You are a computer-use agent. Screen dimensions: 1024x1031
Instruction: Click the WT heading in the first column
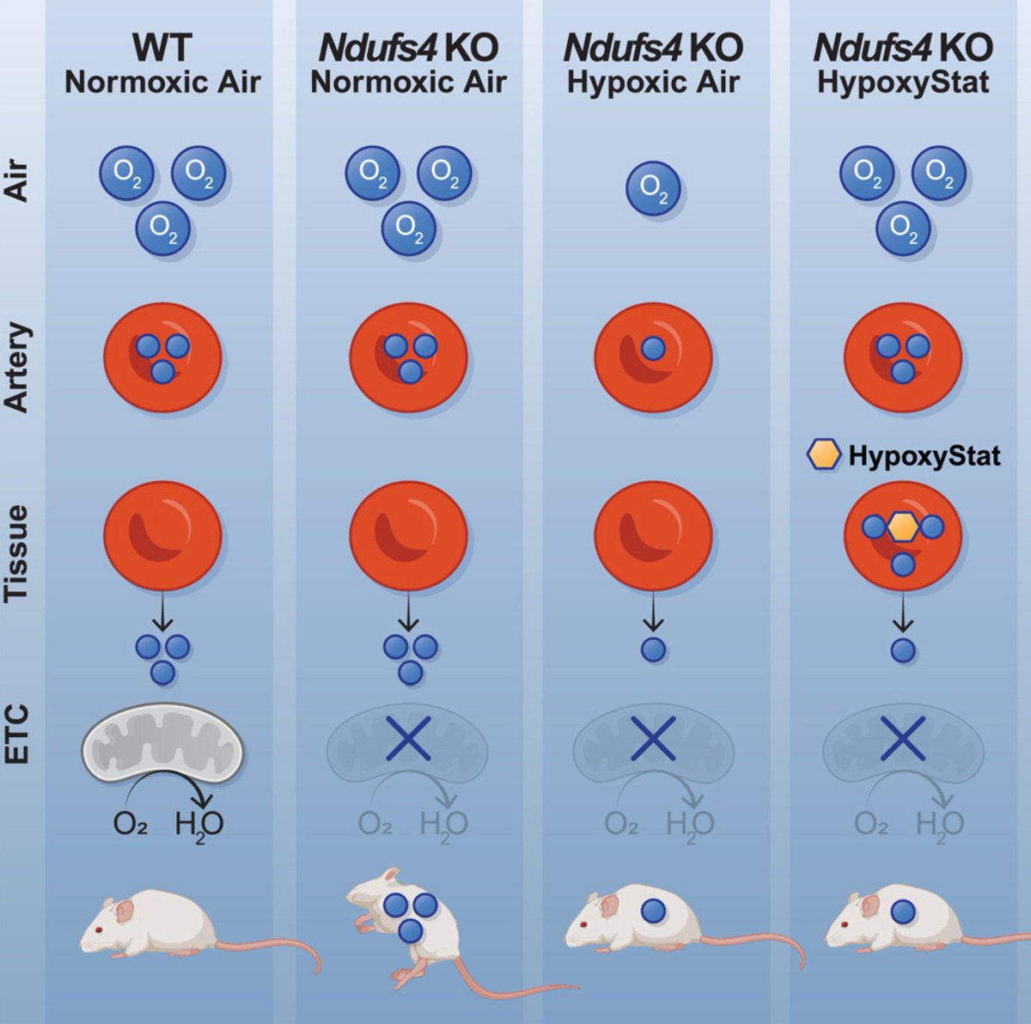coord(162,48)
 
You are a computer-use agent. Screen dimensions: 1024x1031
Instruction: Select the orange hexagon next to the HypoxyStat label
coord(824,454)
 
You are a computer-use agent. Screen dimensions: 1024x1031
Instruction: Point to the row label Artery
coord(19,368)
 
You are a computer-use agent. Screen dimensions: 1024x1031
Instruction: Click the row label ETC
coord(19,734)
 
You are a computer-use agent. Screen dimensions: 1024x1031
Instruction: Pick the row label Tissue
coord(19,553)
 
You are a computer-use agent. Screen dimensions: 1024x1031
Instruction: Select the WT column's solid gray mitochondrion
coord(164,741)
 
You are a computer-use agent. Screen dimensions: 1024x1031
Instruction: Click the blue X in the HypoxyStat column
coord(902,740)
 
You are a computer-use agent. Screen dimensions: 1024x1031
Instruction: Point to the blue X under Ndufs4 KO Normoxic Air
coord(409,740)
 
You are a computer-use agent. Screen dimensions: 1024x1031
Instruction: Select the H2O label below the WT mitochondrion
coord(199,825)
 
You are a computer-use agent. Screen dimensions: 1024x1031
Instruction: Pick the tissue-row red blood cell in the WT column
coord(163,534)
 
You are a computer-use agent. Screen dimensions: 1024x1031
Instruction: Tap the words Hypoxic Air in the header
coord(653,82)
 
